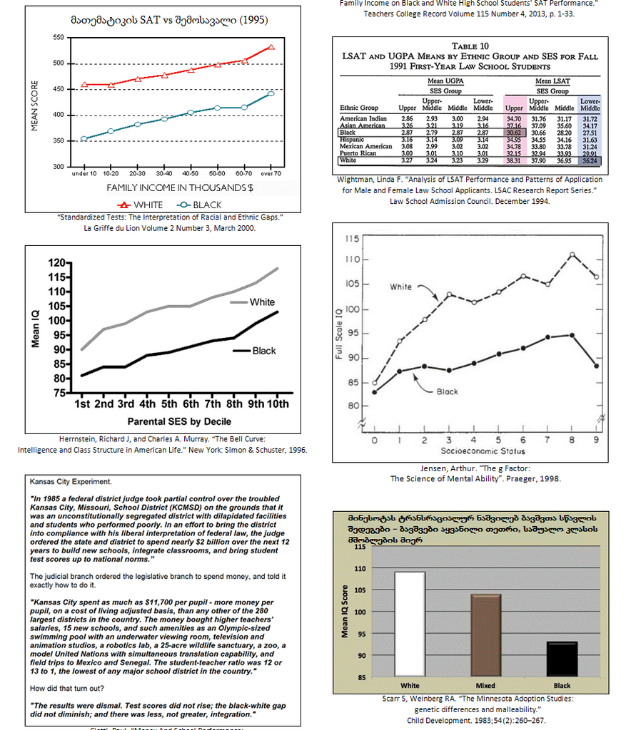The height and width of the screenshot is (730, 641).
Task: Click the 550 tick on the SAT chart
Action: tap(59, 37)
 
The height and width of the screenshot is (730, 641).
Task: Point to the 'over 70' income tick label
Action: tap(271, 173)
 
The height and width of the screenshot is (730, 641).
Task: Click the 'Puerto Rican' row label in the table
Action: tap(359, 153)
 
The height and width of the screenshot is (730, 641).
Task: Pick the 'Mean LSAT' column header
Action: tap(552, 82)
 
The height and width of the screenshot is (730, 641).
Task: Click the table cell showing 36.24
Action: tap(589, 160)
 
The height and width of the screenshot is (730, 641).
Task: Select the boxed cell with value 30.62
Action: tap(514, 133)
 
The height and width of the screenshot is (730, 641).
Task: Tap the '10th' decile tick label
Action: tap(278, 404)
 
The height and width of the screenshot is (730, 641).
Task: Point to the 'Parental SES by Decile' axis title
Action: tap(180, 421)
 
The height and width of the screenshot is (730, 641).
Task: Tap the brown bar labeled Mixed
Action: tap(485, 634)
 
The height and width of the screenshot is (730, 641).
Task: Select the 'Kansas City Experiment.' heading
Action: tap(71, 483)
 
